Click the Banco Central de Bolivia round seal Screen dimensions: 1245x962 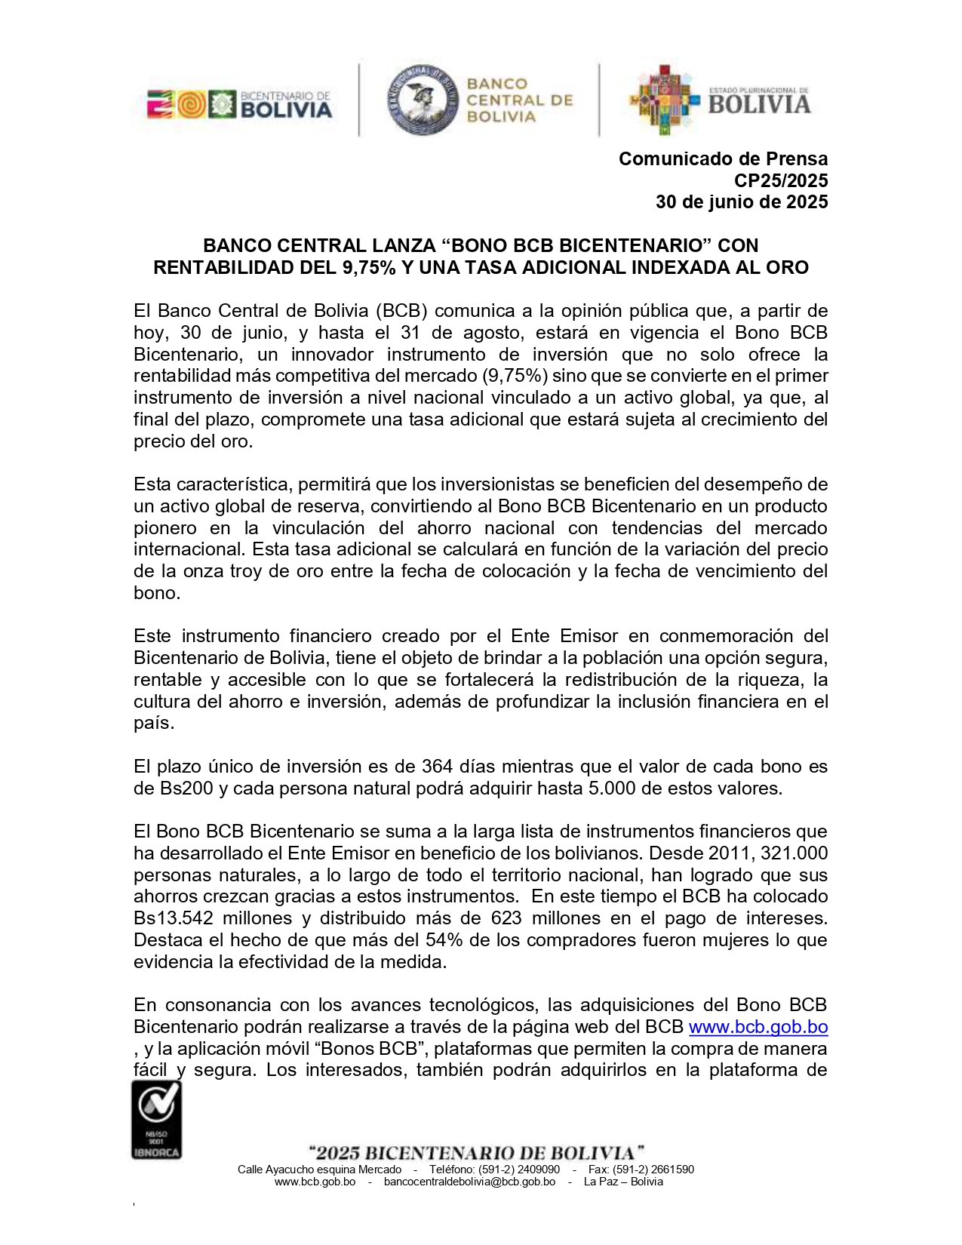pos(423,100)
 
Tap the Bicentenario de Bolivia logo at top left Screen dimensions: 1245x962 pos(239,105)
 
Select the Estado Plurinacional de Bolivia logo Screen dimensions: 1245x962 pos(720,100)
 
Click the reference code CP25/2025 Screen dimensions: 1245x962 pos(781,181)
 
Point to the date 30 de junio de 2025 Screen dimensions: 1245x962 pos(742,202)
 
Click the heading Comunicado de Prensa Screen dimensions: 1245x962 pos(723,159)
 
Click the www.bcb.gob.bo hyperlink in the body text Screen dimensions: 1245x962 pos(758,1027)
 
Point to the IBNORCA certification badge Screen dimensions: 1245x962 pos(157,1119)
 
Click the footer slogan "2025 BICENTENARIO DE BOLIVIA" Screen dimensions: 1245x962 pos(477,1153)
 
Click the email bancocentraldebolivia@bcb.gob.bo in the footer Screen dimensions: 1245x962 pos(469,1182)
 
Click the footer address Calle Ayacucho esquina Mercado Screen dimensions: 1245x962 pos(319,1170)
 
